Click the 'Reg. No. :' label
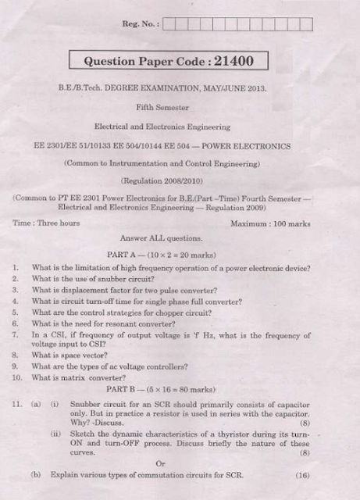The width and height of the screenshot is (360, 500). pos(141,24)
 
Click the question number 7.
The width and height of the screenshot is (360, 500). pos(16,334)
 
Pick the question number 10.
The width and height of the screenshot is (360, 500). pos(17,377)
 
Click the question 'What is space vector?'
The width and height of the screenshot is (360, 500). pos(73,355)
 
